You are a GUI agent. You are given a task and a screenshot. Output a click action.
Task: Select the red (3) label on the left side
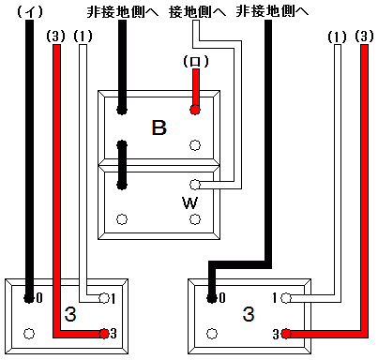56,37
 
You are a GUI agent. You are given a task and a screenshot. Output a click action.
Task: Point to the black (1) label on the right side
338,37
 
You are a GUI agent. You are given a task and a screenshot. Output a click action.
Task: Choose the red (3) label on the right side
364,37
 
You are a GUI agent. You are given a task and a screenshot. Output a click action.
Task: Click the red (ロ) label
195,62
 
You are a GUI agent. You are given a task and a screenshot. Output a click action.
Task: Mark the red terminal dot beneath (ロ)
195,110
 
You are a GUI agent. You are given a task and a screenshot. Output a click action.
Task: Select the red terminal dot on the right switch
283,333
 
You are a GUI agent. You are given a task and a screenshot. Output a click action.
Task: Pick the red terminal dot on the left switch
103,333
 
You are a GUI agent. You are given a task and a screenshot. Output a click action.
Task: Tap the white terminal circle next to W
195,185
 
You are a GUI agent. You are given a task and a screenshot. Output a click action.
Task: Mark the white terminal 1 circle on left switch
101,299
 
